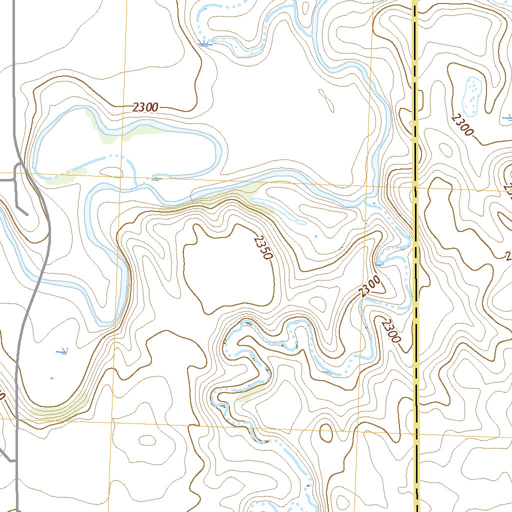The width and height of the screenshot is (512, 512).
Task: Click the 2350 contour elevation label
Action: [x=262, y=248]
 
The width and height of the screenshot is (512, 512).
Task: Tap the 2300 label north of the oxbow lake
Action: [x=146, y=107]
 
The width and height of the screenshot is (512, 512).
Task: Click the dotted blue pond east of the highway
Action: [x=472, y=94]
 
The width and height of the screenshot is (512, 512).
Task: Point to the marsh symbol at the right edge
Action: [x=507, y=118]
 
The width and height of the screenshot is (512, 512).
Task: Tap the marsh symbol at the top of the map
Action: [x=204, y=44]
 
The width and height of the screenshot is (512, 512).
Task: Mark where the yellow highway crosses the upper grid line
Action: [x=415, y=188]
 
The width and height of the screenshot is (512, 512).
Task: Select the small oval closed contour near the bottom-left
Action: [x=147, y=440]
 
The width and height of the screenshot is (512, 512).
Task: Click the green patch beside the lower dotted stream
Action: [x=249, y=394]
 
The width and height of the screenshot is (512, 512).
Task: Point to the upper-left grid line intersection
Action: [x=121, y=176]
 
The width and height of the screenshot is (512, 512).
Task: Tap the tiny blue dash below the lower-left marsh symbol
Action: [x=52, y=378]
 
